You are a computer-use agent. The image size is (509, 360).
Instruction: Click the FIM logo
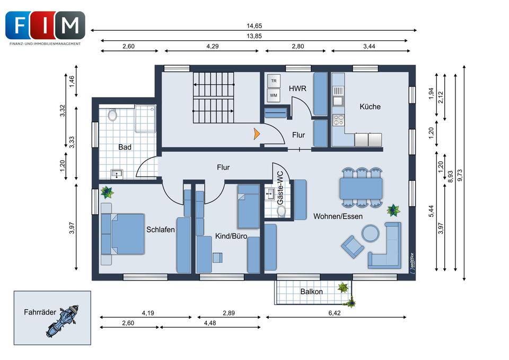[45, 28]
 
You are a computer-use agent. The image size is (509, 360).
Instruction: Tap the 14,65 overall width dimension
[254, 26]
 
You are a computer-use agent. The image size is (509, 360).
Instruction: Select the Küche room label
[370, 107]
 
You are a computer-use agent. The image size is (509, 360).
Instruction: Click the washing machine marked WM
[274, 95]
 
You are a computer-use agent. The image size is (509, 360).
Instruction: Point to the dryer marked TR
[274, 81]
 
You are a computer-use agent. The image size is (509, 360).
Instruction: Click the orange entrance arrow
[257, 134]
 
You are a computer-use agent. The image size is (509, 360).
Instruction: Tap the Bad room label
[125, 147]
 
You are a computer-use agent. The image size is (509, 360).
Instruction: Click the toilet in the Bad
[112, 115]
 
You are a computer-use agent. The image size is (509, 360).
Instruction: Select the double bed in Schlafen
[122, 234]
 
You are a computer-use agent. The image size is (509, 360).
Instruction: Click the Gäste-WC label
[280, 188]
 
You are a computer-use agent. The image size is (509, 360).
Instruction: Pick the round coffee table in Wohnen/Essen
[371, 233]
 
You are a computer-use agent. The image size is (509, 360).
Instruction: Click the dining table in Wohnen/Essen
[361, 188]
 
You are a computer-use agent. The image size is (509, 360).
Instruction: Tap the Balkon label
[311, 292]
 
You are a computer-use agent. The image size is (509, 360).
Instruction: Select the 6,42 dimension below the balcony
[335, 313]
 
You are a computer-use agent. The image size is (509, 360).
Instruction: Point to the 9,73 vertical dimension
[460, 175]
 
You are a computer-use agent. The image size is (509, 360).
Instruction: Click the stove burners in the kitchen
[338, 120]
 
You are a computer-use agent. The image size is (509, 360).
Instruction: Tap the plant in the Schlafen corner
[107, 192]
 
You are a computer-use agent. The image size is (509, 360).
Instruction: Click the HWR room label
[297, 89]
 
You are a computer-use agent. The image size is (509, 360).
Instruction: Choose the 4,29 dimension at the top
[212, 47]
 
